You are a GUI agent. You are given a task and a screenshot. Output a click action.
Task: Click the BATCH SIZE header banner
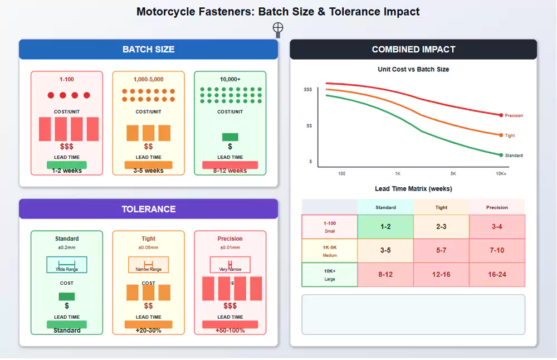(x=148, y=49)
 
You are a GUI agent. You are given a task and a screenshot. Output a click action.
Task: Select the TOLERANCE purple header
(x=148, y=209)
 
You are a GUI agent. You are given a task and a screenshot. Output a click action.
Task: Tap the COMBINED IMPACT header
(x=413, y=49)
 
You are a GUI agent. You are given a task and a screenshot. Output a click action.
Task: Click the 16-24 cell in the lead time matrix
(x=497, y=274)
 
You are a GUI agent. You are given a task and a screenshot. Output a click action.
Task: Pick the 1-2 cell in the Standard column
(x=385, y=227)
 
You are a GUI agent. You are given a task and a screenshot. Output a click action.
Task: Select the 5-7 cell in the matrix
(x=441, y=250)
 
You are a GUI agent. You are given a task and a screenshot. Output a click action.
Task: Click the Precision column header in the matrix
(x=497, y=207)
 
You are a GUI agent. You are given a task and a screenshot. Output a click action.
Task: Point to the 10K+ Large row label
(x=330, y=274)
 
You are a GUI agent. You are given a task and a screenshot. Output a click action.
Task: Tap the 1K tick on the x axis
(x=398, y=173)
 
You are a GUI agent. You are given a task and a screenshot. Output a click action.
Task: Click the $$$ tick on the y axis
(x=308, y=90)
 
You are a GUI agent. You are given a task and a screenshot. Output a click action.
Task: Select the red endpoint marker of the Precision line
(x=501, y=115)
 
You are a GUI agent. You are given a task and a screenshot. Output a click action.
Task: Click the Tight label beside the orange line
(x=510, y=135)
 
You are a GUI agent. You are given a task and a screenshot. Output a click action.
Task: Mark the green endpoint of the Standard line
(x=501, y=155)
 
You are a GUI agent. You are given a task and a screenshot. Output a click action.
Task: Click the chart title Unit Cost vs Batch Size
(x=413, y=69)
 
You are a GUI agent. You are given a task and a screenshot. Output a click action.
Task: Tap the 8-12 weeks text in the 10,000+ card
(x=230, y=171)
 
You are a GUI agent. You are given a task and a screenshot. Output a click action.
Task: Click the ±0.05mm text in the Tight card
(x=148, y=247)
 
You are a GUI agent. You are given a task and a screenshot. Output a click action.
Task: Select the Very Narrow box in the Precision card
(x=230, y=265)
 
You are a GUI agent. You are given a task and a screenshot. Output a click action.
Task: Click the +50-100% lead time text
(x=230, y=330)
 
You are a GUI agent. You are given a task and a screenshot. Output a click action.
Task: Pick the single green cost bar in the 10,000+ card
(x=230, y=137)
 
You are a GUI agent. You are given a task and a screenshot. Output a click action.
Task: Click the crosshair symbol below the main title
(x=278, y=28)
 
